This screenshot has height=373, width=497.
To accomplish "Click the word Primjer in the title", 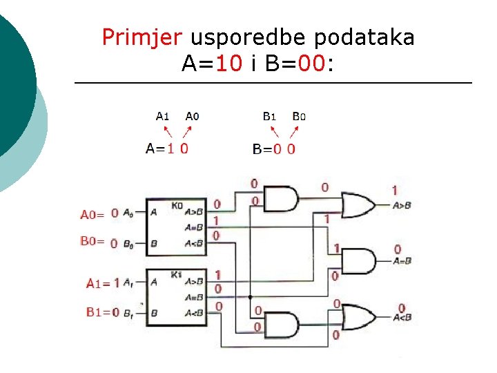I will tap(143, 37).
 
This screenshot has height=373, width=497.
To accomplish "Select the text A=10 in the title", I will tap(212, 64).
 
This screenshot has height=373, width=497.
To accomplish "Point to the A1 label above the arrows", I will tap(162, 116).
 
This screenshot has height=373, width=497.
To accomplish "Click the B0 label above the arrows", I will tap(299, 116).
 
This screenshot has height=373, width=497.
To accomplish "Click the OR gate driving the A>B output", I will tap(359, 204).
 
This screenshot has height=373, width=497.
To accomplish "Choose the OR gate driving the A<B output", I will tap(359, 317).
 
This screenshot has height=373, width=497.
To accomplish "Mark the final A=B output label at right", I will tap(402, 260).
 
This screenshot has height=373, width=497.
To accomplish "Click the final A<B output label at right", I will tap(402, 318).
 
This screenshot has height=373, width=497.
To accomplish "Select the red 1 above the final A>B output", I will tap(394, 190).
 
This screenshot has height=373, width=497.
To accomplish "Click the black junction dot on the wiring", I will tap(250, 296).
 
